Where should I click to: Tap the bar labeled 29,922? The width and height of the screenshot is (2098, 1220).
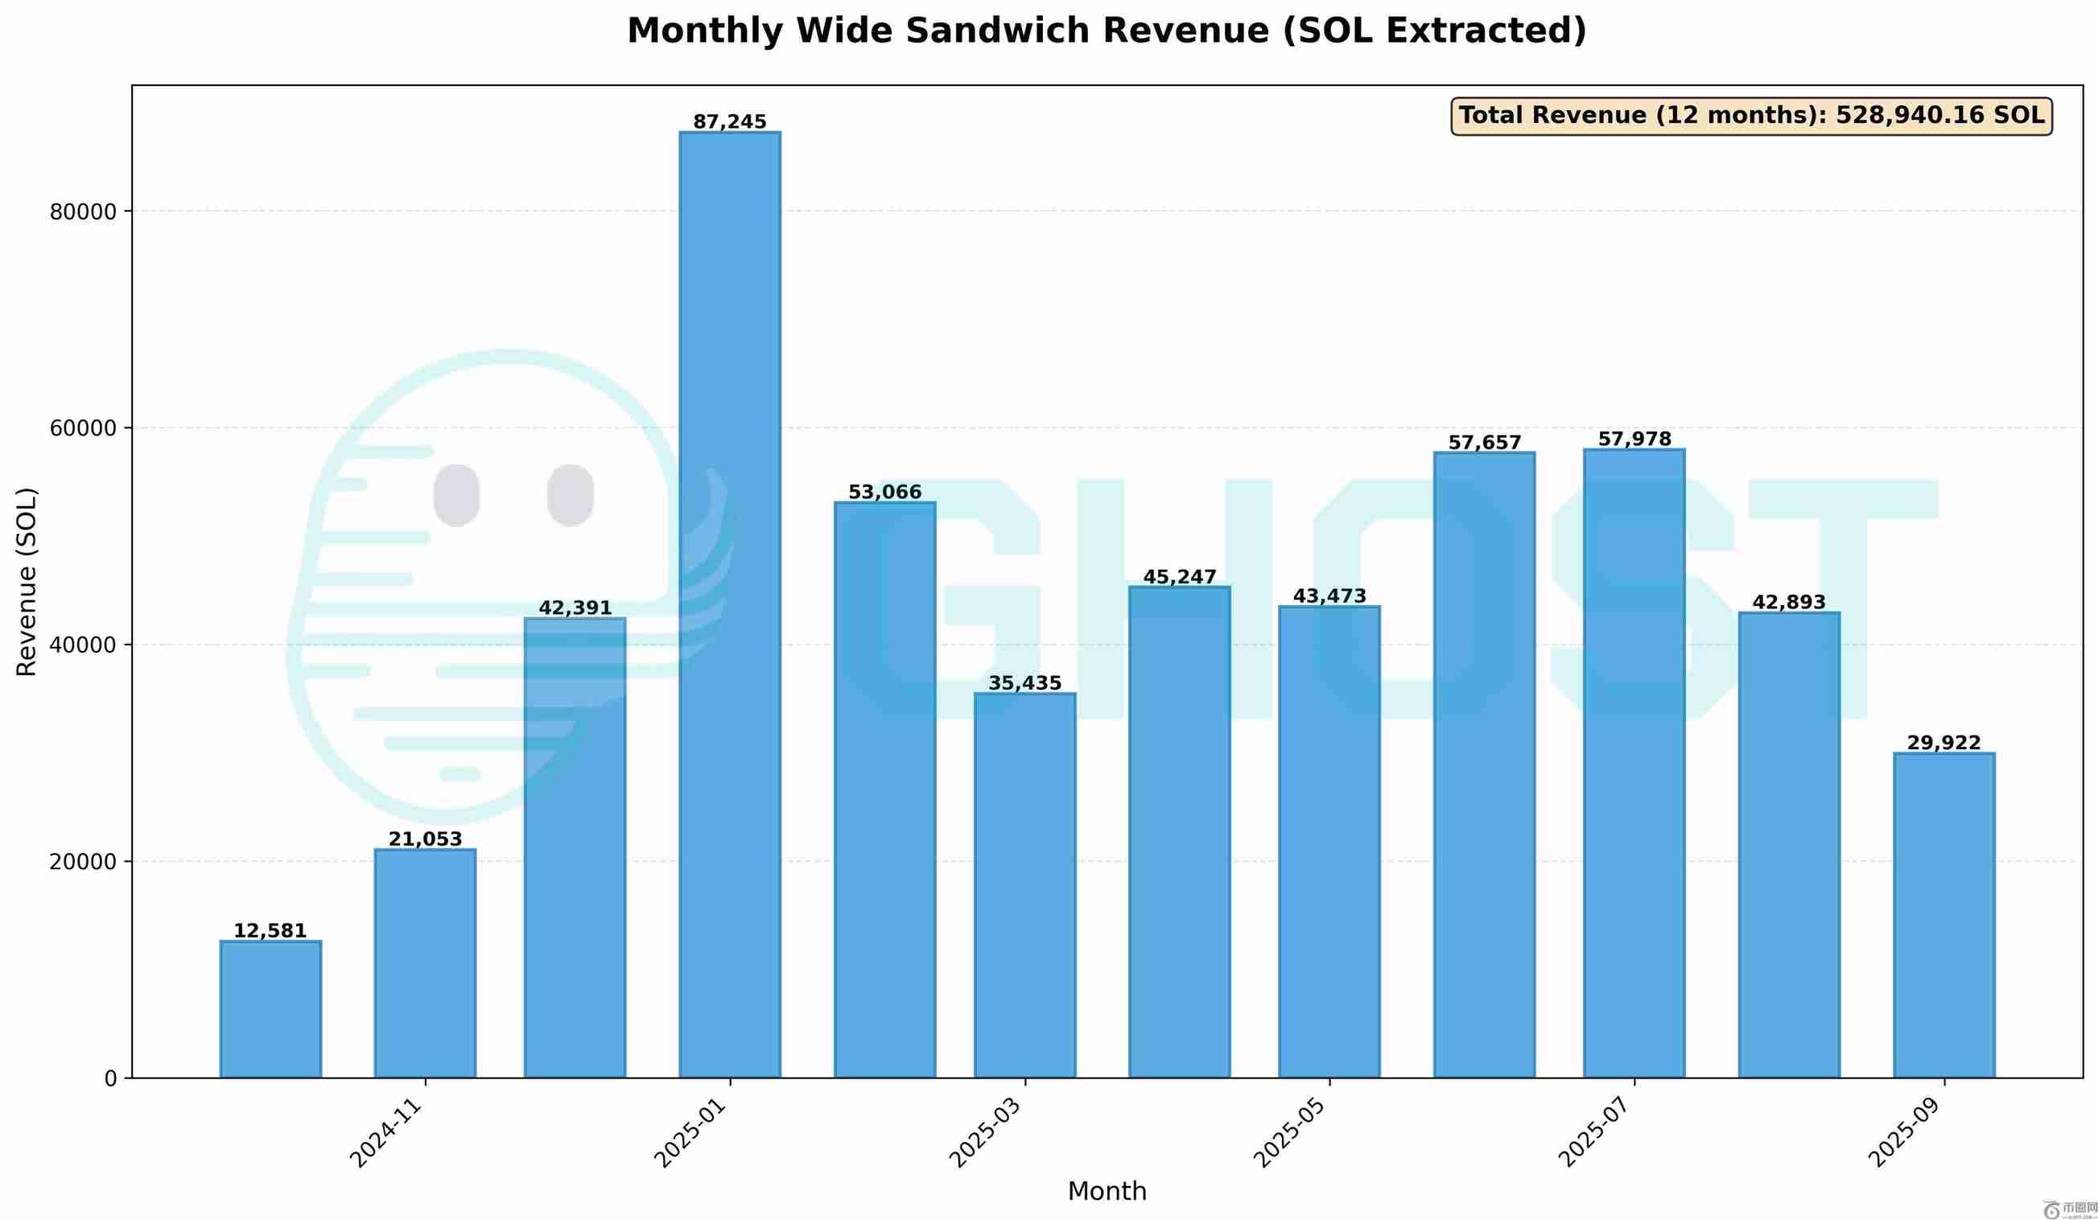point(1944,915)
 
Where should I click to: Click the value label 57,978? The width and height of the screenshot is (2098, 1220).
point(1634,439)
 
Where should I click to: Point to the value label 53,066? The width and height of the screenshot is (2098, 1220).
point(885,493)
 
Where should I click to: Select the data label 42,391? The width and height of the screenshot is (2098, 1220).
point(575,608)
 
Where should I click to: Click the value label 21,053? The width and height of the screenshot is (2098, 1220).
point(426,839)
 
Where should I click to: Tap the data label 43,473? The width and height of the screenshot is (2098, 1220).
point(1329,596)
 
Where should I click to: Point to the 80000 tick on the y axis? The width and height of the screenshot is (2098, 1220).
point(83,212)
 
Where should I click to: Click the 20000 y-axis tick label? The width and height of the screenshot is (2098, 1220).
point(83,862)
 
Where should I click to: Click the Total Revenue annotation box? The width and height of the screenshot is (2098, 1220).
point(1752,116)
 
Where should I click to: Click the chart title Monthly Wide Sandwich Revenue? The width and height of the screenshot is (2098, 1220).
point(1107,31)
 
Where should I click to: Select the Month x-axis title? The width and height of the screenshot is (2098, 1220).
point(1107,1192)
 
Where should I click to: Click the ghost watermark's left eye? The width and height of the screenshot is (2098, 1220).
point(456,496)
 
